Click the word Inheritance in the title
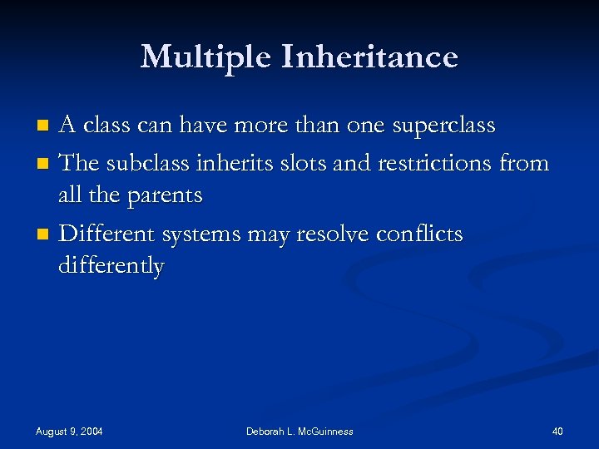pos(370,57)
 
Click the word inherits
pos(232,163)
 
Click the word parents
pos(163,196)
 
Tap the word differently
pos(111,267)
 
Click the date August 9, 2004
pos(69,432)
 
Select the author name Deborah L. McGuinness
pos(299,432)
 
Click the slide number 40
pos(557,432)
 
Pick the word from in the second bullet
pos(523,163)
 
